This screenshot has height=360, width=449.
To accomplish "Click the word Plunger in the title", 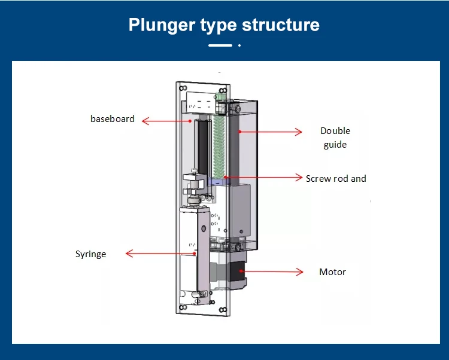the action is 162,26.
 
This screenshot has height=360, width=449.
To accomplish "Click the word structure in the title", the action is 281,25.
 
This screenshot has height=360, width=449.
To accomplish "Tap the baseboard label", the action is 113,118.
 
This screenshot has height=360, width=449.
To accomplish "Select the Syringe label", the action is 90,254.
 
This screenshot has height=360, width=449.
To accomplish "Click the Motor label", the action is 332,271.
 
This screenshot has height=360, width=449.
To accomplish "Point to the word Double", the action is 335,131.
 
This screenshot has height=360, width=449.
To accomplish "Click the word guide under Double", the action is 335,145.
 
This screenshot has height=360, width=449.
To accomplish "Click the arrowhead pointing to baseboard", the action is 145,121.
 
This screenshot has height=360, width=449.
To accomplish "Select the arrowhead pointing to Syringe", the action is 129,254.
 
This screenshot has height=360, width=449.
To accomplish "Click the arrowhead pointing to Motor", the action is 299,271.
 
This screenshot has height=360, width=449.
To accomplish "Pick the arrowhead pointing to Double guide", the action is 298,132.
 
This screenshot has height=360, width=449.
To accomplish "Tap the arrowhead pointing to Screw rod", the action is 299,177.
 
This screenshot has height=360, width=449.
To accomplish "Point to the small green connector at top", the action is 220,97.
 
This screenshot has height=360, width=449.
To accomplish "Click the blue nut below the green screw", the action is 218,182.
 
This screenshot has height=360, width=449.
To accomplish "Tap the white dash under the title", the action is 220,45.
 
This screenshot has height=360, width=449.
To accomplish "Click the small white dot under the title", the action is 239,45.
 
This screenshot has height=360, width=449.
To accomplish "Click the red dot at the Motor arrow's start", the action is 240,271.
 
